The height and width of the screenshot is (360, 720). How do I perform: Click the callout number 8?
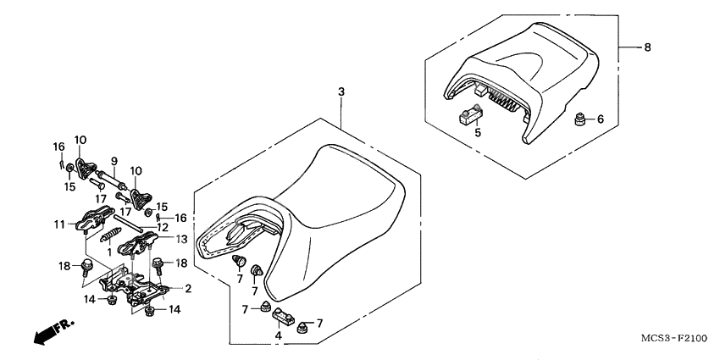pos(647,47)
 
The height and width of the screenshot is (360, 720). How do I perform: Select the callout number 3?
pos(341,91)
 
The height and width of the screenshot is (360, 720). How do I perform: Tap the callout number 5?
pos(478,133)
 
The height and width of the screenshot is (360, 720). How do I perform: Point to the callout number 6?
pos(601,119)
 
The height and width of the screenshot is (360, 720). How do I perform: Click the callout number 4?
pos(279,335)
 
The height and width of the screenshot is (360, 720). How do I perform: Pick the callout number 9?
pos(114,161)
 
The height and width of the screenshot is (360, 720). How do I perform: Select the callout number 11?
pos(58,225)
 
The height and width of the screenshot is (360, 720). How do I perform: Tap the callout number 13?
pos(181,238)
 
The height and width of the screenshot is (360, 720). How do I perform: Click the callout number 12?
pos(162,227)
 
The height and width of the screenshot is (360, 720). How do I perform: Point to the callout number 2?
pos(188,289)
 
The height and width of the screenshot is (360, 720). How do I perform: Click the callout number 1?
pos(109,252)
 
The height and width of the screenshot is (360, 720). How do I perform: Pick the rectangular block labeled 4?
pos(285,317)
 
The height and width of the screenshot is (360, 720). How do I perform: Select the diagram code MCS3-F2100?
pos(674,339)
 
